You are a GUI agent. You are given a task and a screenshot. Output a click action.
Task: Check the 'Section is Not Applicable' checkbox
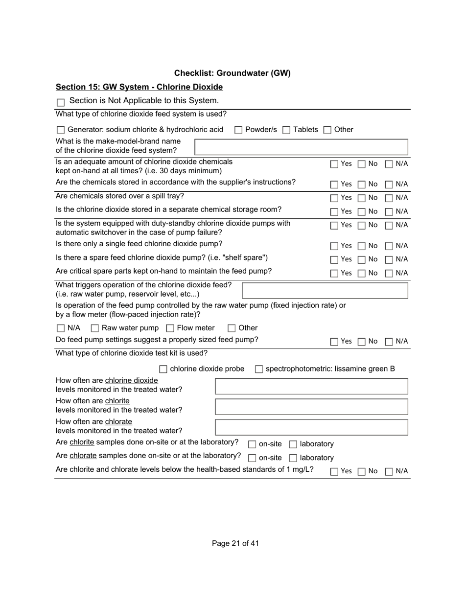pos(61,102)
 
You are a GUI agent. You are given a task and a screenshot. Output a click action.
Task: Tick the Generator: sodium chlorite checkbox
pos(61,130)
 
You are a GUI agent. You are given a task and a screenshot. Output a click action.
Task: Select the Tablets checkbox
pos(286,130)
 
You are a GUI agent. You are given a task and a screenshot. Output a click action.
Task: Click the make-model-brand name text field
pos(301,147)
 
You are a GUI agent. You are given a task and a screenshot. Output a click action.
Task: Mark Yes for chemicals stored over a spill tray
pos(334,198)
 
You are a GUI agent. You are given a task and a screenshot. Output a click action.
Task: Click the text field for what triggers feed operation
pos(325,290)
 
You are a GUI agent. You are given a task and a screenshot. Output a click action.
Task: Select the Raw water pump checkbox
pos(95,328)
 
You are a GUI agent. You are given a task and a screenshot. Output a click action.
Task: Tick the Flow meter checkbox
pos(170,328)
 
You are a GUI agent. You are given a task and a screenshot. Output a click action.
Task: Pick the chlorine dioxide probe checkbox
pos(163,369)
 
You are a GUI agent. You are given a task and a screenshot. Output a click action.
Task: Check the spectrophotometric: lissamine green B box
pos(259,369)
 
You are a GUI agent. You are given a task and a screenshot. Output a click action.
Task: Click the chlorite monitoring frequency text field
pos(311,407)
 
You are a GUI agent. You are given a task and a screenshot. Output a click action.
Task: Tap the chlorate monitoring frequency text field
pos(311,427)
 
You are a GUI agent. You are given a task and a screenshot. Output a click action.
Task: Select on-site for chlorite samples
pos(252,444)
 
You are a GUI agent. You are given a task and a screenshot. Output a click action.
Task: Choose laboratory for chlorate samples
pos(293,458)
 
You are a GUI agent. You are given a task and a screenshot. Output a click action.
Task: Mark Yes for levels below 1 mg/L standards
pos(334,472)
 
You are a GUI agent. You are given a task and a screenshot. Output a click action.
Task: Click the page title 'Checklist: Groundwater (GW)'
pos(232,73)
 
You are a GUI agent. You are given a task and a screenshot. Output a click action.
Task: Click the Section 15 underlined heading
pos(139,87)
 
